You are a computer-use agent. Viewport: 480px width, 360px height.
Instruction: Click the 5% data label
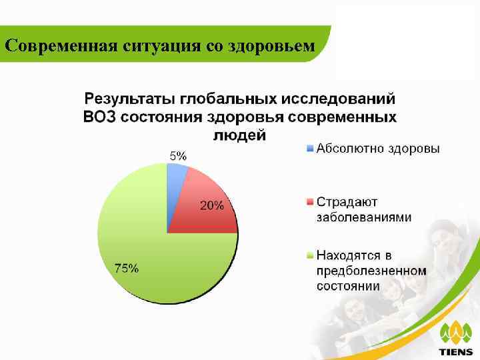[177, 155]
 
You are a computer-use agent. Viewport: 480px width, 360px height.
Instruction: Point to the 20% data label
[212, 206]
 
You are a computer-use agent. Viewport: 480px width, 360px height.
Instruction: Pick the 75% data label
[127, 269]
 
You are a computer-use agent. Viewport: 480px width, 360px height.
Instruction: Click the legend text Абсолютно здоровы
[377, 148]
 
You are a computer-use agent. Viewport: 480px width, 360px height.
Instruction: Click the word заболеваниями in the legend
[363, 217]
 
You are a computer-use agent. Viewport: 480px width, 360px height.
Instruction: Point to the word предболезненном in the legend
[370, 271]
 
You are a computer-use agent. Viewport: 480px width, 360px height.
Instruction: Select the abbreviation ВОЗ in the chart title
[100, 117]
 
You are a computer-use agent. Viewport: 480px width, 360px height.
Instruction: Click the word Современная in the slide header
[62, 46]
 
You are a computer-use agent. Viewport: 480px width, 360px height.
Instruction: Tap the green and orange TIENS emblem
[456, 331]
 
